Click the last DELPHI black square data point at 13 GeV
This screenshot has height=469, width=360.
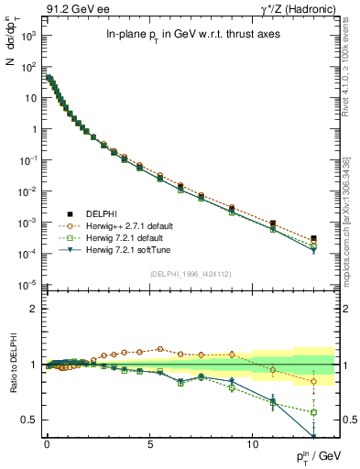[x=314, y=238]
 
